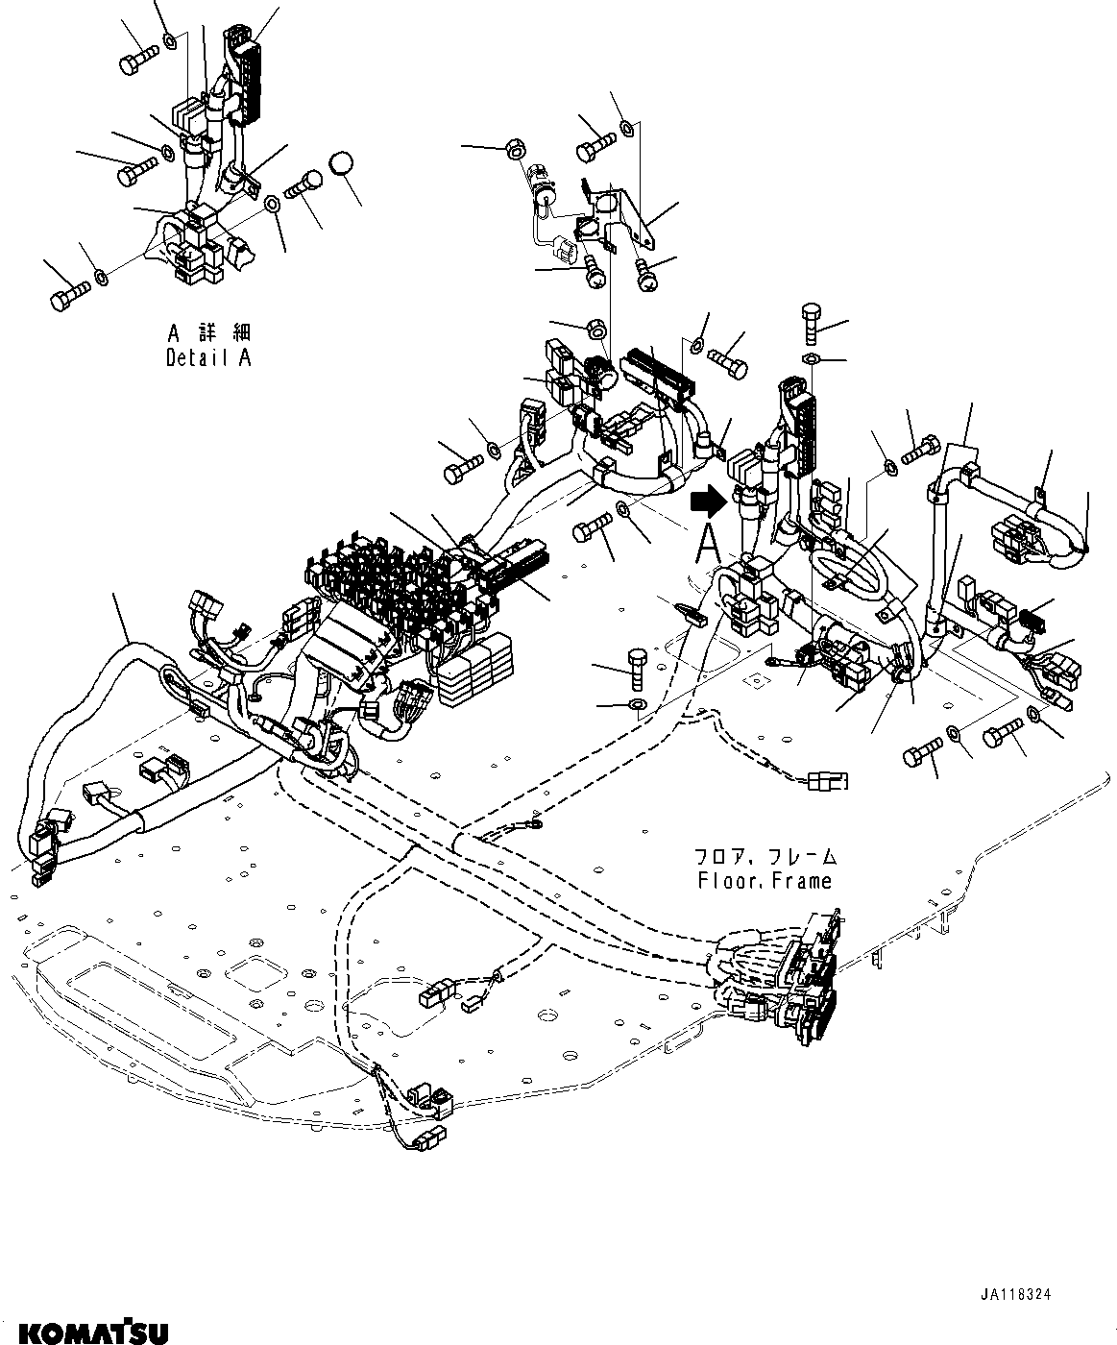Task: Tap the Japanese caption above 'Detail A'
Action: (208, 333)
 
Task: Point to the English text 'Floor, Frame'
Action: (765, 879)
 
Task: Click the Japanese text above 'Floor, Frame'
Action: (765, 855)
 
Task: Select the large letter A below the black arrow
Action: (707, 544)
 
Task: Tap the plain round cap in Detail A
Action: (343, 164)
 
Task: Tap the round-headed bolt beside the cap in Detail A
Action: (305, 184)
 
